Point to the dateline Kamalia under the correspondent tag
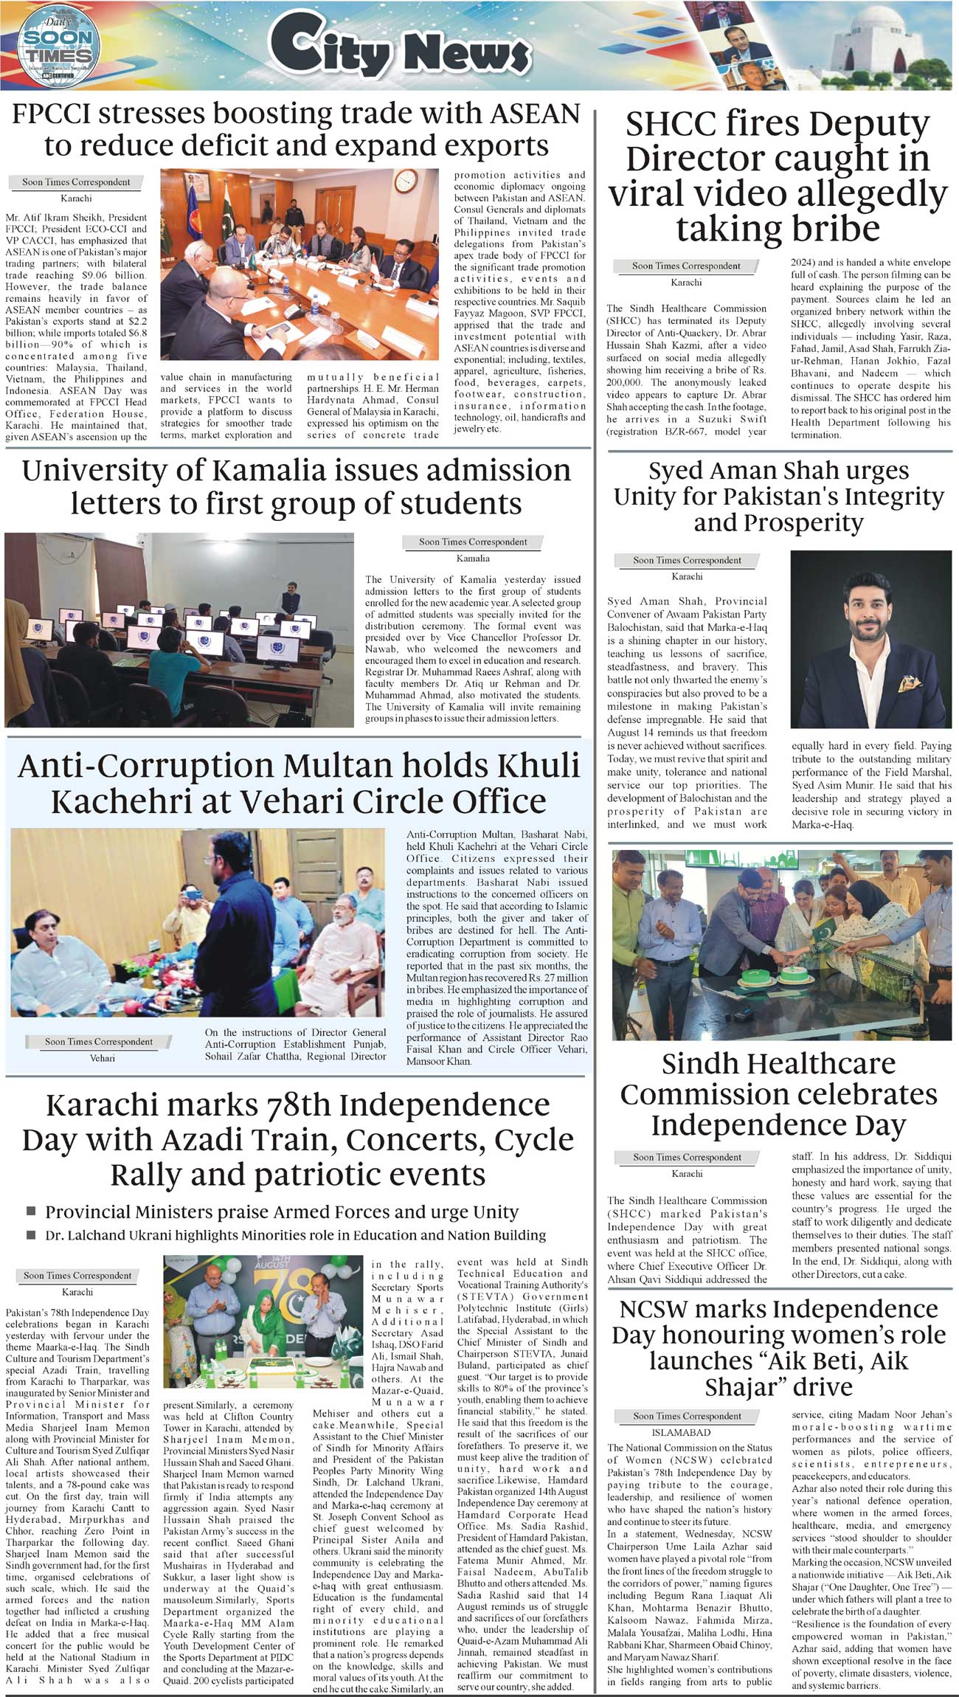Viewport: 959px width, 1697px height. coord(473,559)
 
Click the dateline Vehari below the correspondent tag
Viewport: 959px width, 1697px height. coord(103,1058)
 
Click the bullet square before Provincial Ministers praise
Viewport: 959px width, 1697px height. coord(31,1212)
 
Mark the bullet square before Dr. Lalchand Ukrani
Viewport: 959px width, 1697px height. coord(31,1234)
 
